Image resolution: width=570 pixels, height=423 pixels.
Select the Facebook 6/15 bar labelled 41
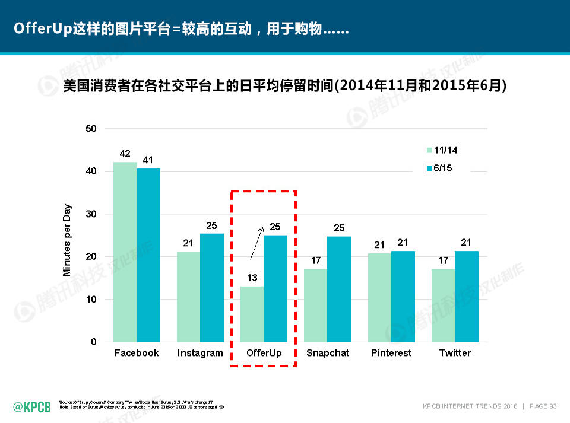point(148,255)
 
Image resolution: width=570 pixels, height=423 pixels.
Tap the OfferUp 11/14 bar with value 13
point(252,314)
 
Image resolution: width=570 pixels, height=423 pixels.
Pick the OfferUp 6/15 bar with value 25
point(275,288)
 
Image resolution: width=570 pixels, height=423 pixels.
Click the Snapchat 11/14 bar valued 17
point(315,306)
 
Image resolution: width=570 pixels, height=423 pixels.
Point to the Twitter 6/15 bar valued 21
point(467,296)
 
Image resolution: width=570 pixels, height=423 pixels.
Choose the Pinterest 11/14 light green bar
point(379,297)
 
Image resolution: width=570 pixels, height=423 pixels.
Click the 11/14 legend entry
point(442,150)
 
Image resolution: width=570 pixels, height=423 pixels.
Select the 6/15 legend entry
point(440,168)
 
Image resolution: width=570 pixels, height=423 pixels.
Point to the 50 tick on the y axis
point(91,129)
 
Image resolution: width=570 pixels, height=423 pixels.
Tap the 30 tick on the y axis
point(91,214)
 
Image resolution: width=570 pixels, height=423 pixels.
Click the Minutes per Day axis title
point(67,240)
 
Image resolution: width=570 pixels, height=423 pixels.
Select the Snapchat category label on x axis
point(328,353)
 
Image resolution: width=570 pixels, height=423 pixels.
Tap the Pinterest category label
point(391,353)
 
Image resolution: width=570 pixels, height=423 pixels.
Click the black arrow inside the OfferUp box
point(256,243)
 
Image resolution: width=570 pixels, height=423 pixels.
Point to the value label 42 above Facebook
point(125,154)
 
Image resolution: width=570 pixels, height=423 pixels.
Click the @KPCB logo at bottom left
point(32,406)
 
